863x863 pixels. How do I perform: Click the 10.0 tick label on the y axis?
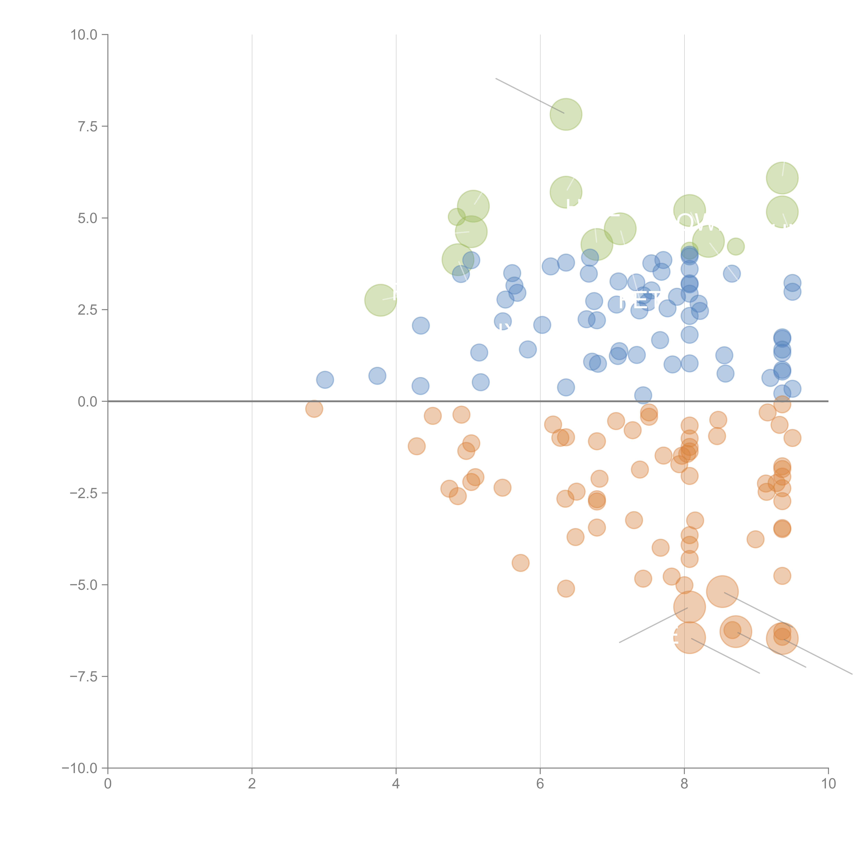click(84, 35)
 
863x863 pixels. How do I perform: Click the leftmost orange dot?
click(314, 409)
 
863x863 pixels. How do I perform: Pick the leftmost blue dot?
click(325, 380)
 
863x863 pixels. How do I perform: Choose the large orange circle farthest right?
click(782, 638)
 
